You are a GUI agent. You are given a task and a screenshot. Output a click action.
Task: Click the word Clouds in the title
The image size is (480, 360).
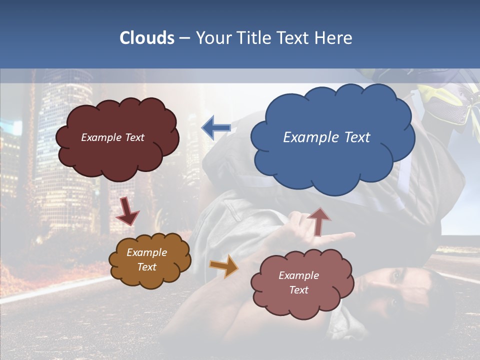point(146,38)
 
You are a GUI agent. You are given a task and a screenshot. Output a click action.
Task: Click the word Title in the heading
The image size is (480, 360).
point(252,38)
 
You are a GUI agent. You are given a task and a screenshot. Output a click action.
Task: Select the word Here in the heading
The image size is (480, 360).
point(333,38)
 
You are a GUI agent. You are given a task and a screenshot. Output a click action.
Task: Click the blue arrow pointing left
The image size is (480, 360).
point(216,128)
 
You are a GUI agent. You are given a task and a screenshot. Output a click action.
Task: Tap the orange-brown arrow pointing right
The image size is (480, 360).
point(223,265)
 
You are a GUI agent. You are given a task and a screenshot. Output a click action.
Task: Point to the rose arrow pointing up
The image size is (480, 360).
point(318,220)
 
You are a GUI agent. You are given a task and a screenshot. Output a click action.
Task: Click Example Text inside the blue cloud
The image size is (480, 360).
point(326,137)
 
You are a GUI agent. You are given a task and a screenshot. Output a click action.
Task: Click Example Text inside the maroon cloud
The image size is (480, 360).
point(112,137)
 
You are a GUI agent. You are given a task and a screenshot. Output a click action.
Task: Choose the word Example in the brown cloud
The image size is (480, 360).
point(146,252)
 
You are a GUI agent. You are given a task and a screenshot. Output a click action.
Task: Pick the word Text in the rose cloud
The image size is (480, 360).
point(298,290)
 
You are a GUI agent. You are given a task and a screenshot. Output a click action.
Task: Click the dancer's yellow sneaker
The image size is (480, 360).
point(445,102)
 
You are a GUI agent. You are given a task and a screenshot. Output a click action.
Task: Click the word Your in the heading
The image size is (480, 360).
point(211,38)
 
